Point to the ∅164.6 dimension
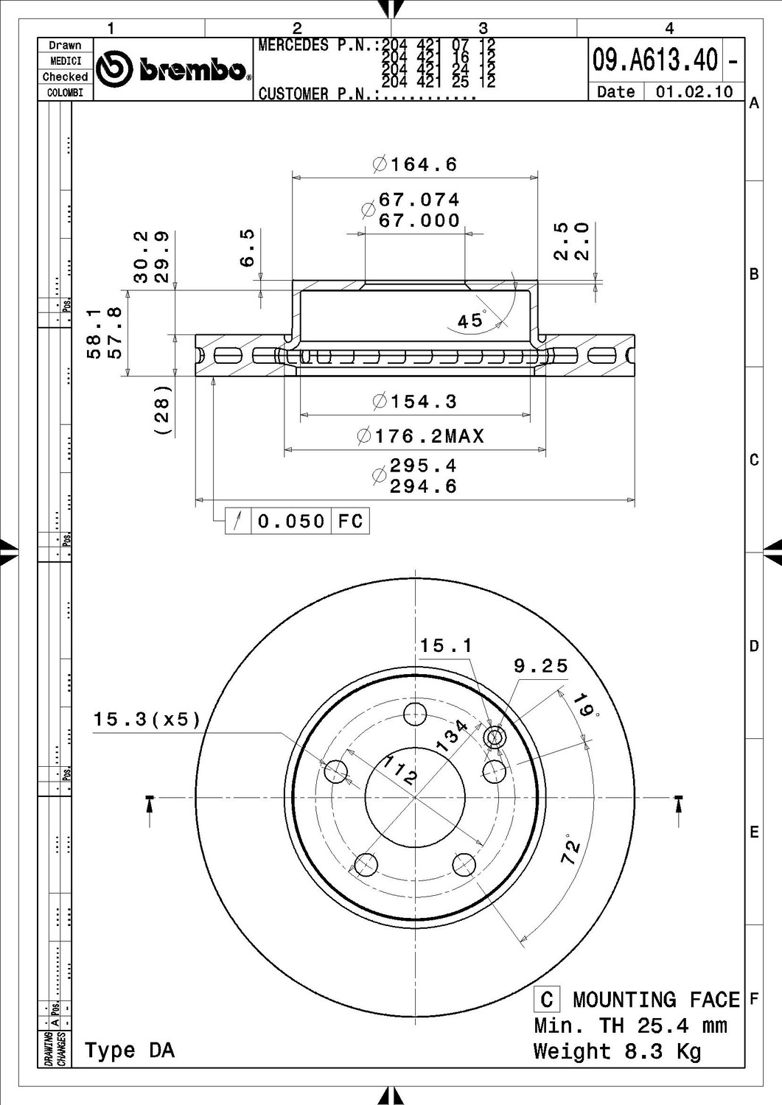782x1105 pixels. click(x=416, y=164)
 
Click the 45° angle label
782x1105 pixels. click(x=471, y=320)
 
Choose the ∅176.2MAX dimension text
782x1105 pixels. click(x=421, y=436)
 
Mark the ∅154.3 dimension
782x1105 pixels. click(x=416, y=401)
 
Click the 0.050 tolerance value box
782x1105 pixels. click(x=291, y=522)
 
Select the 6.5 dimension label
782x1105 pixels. click(x=248, y=248)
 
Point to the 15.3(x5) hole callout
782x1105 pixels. click(x=147, y=719)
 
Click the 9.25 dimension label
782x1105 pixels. click(x=541, y=666)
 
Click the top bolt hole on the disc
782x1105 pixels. click(x=416, y=712)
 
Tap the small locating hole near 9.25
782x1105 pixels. click(x=495, y=736)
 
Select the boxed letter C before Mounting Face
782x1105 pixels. click(x=546, y=1000)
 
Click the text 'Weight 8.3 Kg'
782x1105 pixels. click(x=617, y=1050)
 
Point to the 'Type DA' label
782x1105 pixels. click(x=130, y=1050)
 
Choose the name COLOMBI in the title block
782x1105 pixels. click(x=65, y=93)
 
